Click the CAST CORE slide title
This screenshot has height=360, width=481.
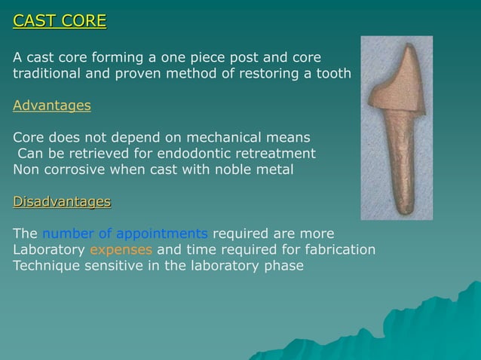pos(60,20)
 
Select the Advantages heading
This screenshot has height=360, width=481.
pos(52,105)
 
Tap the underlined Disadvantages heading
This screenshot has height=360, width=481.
pos(62,201)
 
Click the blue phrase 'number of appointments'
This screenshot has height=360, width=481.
pos(124,233)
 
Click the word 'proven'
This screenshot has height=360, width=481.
pos(155,74)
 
